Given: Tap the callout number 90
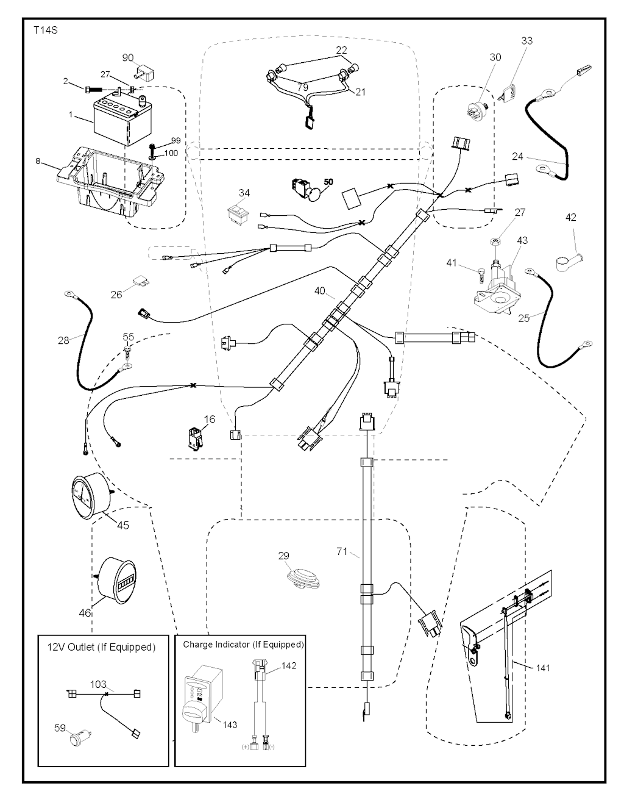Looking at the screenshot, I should [128, 58].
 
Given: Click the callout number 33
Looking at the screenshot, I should [527, 41].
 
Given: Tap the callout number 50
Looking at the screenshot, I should [329, 182].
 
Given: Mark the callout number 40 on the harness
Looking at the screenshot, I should [320, 291].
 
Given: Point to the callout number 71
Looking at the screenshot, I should [342, 551].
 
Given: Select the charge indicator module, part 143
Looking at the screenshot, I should [202, 701].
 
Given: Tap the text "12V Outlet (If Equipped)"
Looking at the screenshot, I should [101, 647].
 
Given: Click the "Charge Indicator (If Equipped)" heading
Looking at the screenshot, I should [243, 644].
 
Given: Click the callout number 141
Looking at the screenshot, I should [542, 668].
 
